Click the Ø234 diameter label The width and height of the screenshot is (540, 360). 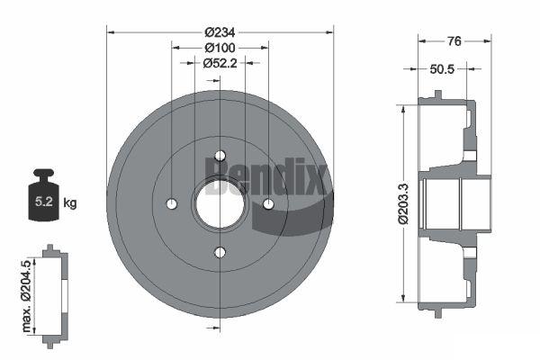click(220, 32)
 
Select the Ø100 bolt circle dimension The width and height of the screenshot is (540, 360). click(220, 48)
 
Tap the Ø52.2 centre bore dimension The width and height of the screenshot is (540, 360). click(220, 63)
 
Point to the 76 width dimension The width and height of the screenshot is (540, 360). click(454, 41)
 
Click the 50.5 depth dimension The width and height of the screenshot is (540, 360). click(442, 69)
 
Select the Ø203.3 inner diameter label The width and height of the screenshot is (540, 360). click(403, 204)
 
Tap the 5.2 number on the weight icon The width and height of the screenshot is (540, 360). click(44, 202)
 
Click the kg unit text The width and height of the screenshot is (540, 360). click(70, 202)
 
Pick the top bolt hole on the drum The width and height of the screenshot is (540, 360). click(220, 156)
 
